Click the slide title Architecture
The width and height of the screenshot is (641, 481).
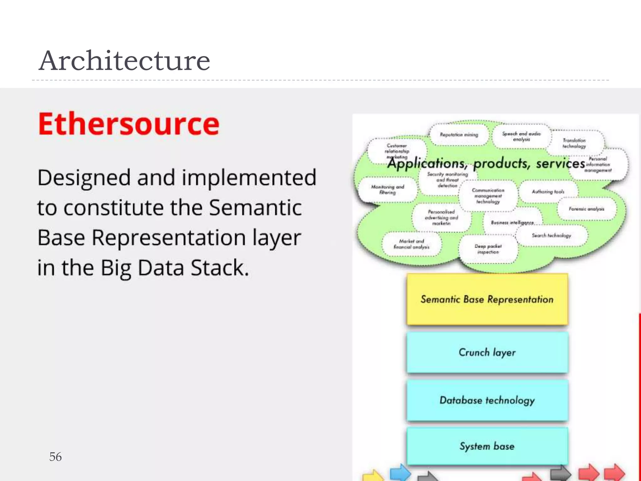pyautogui.click(x=124, y=61)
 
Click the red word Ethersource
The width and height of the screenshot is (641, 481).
pyautogui.click(x=129, y=124)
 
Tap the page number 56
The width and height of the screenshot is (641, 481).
pyautogui.click(x=55, y=457)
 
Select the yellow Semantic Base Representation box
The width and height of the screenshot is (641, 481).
pyautogui.click(x=487, y=299)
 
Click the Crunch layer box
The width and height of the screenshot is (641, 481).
pyautogui.click(x=487, y=353)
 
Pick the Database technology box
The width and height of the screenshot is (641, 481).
pyautogui.click(x=487, y=400)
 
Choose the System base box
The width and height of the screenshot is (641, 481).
pyautogui.click(x=487, y=446)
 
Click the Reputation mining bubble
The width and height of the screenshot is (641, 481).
pyautogui.click(x=459, y=135)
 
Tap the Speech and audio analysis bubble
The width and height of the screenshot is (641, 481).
pyautogui.click(x=521, y=136)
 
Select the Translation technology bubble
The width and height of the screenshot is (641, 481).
pyautogui.click(x=574, y=143)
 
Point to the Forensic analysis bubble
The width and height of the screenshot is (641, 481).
pyautogui.click(x=586, y=209)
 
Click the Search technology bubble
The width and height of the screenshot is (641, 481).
pyautogui.click(x=551, y=235)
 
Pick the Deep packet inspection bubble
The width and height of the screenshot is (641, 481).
pyautogui.click(x=488, y=249)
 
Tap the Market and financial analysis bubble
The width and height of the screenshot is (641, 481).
pyautogui.click(x=411, y=244)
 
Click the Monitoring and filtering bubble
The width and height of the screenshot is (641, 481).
pyautogui.click(x=387, y=189)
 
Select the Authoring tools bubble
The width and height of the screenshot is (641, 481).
pyautogui.click(x=548, y=192)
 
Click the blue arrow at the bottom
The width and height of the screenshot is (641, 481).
pyautogui.click(x=400, y=472)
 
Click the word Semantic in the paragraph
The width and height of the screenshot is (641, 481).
pyautogui.click(x=255, y=208)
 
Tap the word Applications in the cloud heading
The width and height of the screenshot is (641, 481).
pyautogui.click(x=426, y=163)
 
